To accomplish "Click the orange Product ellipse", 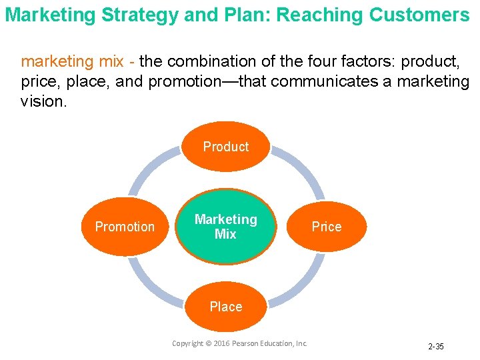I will pyautogui.click(x=225, y=147).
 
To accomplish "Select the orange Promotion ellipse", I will pyautogui.click(x=125, y=227).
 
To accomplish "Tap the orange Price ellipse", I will pyautogui.click(x=327, y=227).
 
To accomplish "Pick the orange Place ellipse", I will pyautogui.click(x=225, y=307).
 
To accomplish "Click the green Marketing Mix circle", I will pyautogui.click(x=225, y=226).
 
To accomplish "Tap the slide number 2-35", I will pyautogui.click(x=436, y=347).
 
